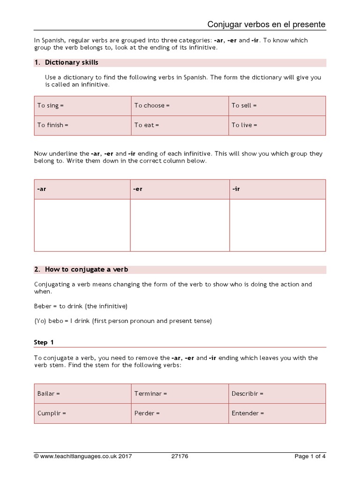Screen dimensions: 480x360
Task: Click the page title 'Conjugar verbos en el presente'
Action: (266, 24)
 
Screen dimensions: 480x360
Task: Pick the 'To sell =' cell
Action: (277, 106)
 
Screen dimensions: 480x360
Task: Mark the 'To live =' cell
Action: (277, 125)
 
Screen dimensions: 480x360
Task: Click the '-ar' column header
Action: (82, 189)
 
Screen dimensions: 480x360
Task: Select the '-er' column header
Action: (180, 189)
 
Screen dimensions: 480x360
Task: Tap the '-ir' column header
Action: (277, 189)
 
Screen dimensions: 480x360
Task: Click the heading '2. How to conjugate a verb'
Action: (81, 270)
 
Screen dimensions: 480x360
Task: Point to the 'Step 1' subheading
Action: (44, 342)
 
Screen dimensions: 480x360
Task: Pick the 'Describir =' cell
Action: (277, 394)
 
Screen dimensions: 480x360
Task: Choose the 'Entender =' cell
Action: (277, 413)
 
